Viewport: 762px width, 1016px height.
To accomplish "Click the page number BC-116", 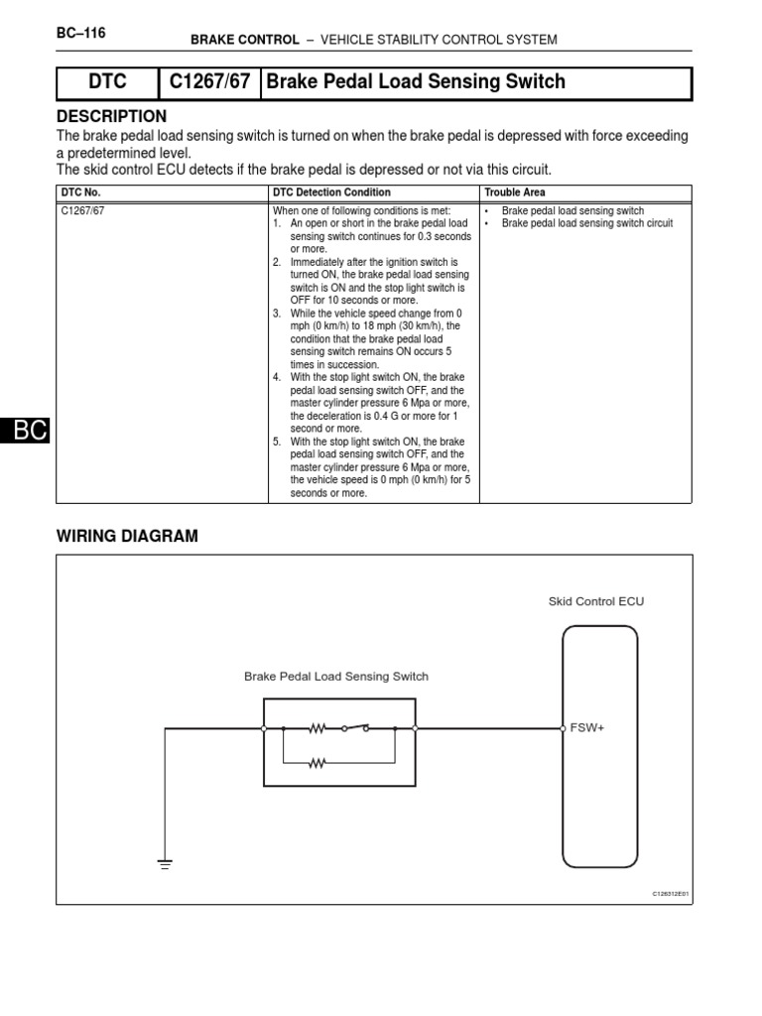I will [x=81, y=33].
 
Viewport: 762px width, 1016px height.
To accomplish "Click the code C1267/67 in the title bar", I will [x=209, y=82].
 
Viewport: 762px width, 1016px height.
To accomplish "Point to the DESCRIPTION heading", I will [x=112, y=117].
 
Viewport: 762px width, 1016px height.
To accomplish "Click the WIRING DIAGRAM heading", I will [x=127, y=536].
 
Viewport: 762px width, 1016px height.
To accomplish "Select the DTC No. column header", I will [x=81, y=192].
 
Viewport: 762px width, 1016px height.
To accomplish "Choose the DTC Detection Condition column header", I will [x=331, y=192].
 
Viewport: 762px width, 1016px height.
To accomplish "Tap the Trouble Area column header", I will [x=515, y=192].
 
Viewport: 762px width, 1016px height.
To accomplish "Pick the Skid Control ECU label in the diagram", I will [x=595, y=601].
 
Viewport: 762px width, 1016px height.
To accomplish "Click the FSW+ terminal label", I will [x=587, y=728].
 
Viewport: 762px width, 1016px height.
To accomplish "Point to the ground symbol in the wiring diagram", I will [x=165, y=863].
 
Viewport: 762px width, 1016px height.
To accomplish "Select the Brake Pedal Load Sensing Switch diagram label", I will [x=336, y=677].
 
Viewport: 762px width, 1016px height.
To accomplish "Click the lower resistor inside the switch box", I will [x=317, y=764].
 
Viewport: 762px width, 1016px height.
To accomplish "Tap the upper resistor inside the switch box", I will [x=317, y=728].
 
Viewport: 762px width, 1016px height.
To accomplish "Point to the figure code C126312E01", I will [x=670, y=893].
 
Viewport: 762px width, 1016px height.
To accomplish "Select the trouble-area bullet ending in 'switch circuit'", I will [x=586, y=223].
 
